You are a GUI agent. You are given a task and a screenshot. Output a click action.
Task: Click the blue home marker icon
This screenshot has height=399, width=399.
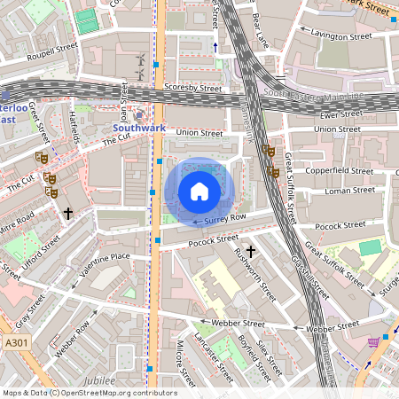[199, 192]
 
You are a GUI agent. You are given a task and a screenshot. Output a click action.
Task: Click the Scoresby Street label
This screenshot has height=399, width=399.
[192, 88]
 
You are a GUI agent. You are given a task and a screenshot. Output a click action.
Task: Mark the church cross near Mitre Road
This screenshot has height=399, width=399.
[68, 213]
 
